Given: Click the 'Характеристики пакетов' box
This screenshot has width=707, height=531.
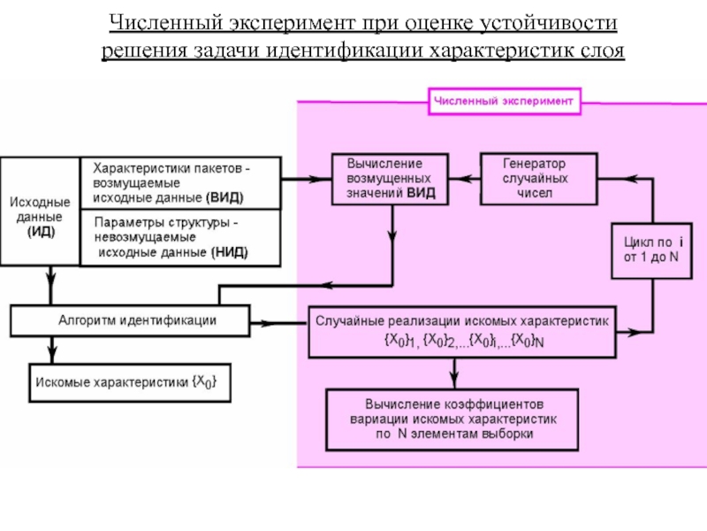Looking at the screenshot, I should coord(181,182).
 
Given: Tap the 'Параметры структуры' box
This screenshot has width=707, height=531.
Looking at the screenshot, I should coord(181,236).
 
